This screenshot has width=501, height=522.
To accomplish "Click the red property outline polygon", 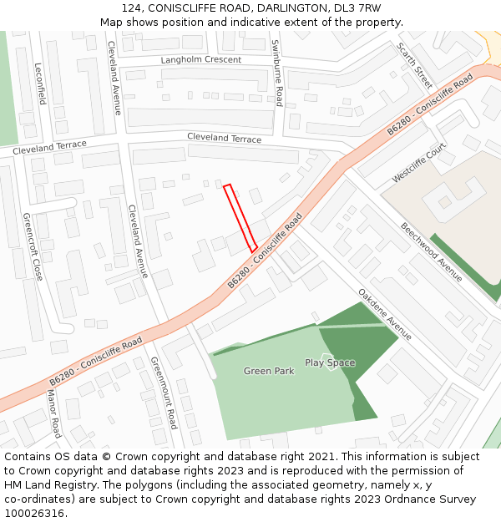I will [x=240, y=217].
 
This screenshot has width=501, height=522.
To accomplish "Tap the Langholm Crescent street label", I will [x=200, y=60].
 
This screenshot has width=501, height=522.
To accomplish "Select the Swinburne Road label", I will [x=279, y=73].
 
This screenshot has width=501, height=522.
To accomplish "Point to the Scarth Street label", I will [x=414, y=66].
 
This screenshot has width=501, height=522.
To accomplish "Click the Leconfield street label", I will [x=40, y=84].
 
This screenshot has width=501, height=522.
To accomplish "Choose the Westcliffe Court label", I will [x=419, y=164].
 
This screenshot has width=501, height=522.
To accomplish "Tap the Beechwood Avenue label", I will [x=431, y=251].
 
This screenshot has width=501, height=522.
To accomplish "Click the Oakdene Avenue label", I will [x=385, y=315].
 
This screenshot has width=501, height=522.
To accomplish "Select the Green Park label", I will [x=269, y=371].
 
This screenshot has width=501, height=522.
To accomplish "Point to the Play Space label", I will [x=330, y=362].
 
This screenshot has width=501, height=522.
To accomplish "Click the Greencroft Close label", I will [x=33, y=246].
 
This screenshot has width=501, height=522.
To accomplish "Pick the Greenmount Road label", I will [x=164, y=393].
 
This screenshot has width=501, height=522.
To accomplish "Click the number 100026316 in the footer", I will [x=36, y=514].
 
